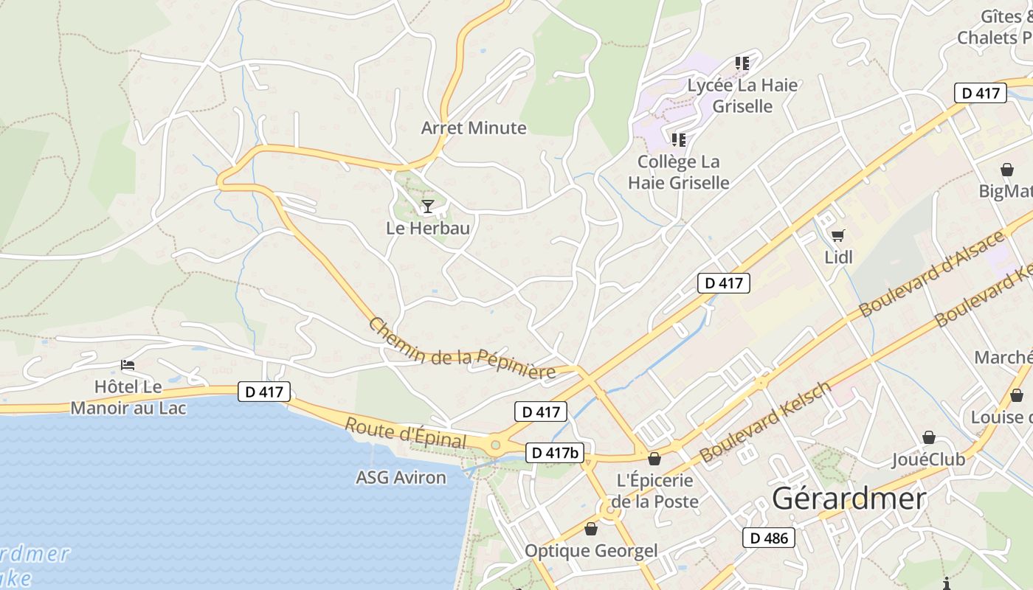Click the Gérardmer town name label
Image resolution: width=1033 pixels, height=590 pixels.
849,499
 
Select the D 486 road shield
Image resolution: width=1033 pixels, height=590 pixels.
769,538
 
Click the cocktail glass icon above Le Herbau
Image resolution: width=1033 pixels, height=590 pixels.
427,206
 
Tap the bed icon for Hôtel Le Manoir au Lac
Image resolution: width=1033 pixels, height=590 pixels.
128,365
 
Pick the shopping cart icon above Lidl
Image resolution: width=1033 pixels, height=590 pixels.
837,236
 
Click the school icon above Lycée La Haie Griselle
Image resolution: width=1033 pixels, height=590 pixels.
742,63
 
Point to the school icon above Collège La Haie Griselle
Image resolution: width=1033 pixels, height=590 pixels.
678,139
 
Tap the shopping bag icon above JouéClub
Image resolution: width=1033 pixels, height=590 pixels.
928,437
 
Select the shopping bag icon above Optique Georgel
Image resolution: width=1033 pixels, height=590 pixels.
590,529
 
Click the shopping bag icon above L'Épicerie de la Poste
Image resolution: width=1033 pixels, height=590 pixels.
654,459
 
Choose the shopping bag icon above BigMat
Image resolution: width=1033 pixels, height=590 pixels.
1006,170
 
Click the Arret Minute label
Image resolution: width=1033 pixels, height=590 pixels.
474,128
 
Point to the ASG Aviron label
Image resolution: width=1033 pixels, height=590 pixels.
401,477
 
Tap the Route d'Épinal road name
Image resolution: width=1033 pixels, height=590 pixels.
406,433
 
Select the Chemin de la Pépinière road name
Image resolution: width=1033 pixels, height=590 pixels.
462,349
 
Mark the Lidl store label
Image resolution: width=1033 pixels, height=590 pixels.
838,257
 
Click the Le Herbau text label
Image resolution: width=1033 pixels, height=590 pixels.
428,228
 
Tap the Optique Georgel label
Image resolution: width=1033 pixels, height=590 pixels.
590,550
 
